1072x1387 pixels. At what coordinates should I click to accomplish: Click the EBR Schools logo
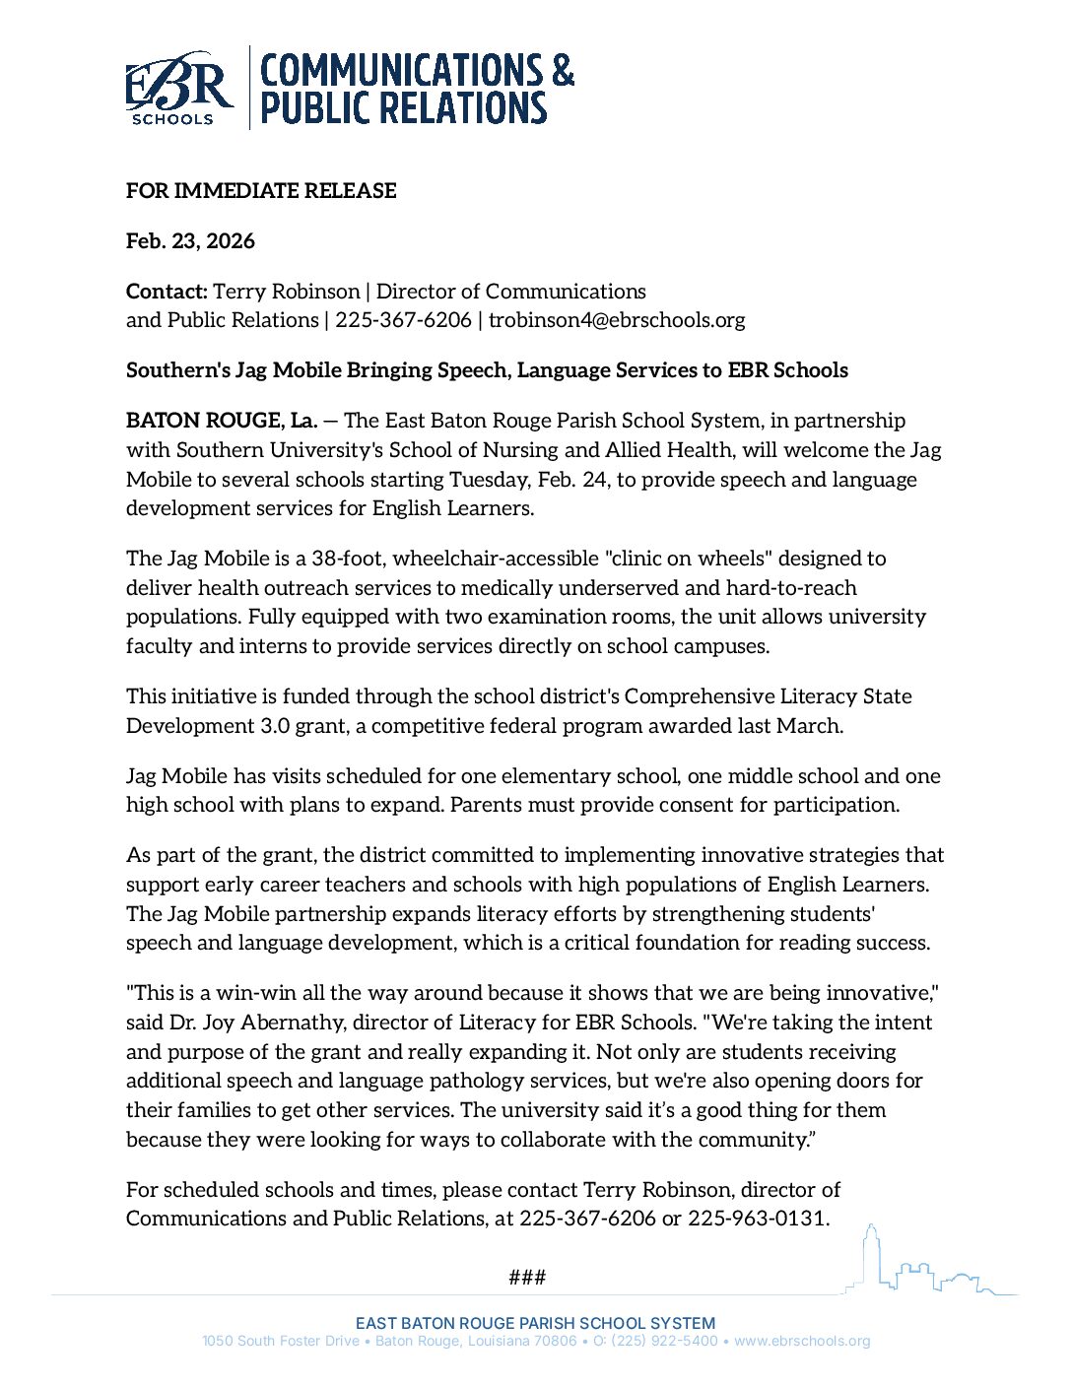point(179,89)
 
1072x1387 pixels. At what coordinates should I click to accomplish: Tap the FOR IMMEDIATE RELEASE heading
point(261,191)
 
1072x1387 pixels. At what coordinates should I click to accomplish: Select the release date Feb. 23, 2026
point(190,241)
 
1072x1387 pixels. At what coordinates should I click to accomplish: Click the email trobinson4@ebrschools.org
point(617,320)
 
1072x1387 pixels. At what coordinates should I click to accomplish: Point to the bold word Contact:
point(167,292)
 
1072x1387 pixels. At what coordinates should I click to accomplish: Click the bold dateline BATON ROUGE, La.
point(222,421)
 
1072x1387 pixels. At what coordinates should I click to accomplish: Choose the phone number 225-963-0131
point(757,1219)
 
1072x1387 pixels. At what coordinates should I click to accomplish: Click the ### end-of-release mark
point(527,1278)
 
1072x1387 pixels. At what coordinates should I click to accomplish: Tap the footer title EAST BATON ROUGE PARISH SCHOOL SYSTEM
point(535,1323)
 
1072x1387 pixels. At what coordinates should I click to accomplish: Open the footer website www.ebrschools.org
point(802,1341)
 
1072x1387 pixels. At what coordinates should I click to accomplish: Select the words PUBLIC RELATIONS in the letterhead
point(403,107)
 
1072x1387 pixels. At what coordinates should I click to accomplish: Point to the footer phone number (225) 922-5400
point(664,1341)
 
